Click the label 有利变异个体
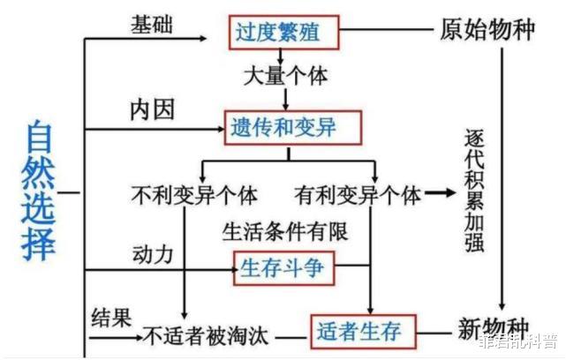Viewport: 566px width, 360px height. [x=356, y=193]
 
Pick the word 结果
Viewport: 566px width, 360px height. [x=112, y=315]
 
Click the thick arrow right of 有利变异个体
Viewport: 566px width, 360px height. [x=437, y=193]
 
